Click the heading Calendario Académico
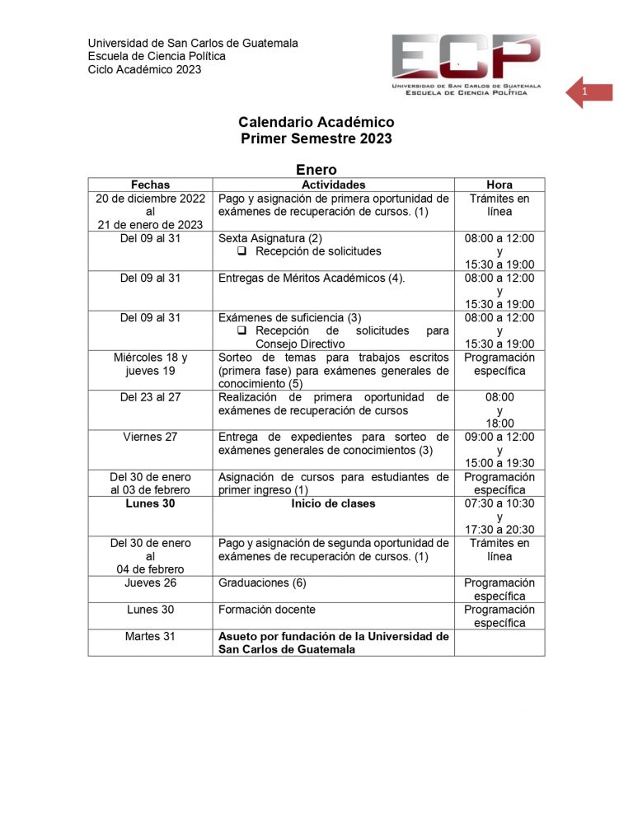click(x=316, y=122)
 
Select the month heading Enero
click(x=316, y=169)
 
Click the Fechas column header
click(x=150, y=185)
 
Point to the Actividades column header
click(x=333, y=185)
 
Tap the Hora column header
click(x=499, y=185)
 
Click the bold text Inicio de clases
click(x=333, y=503)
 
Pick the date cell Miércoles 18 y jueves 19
click(x=150, y=364)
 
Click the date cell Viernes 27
click(x=150, y=437)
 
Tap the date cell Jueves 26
click(x=150, y=583)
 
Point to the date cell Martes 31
click(x=150, y=636)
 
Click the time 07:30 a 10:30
click(x=499, y=503)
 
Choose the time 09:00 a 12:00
click(x=499, y=437)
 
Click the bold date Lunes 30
click(x=150, y=503)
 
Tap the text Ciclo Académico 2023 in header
click(x=144, y=69)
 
